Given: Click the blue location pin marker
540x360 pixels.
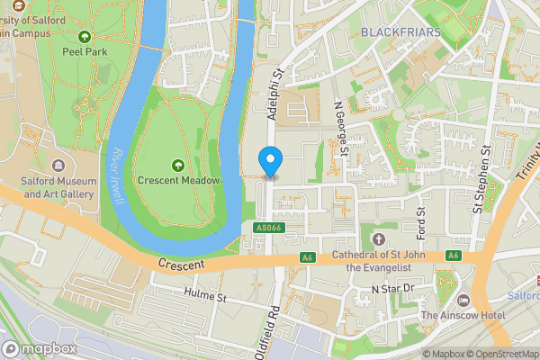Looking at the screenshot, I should pyautogui.click(x=269, y=161).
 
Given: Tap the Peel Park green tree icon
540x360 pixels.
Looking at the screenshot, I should pyautogui.click(x=85, y=37).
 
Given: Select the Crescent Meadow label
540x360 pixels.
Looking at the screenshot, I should pyautogui.click(x=178, y=180).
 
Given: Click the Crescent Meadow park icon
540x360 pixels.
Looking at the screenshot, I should pyautogui.click(x=177, y=164).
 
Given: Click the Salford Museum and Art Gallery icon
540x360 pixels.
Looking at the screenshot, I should pyautogui.click(x=58, y=166).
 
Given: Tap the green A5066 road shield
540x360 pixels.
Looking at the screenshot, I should pyautogui.click(x=265, y=229).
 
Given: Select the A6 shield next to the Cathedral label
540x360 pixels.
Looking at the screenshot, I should pyautogui.click(x=308, y=257).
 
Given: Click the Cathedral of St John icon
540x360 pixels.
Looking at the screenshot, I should pyautogui.click(x=377, y=238).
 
